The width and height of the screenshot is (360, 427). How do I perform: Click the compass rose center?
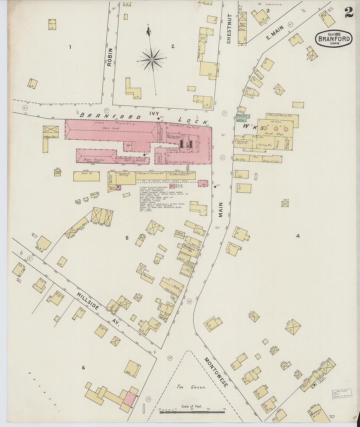tap(152, 60)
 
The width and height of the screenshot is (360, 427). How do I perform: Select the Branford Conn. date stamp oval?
tap(334, 39)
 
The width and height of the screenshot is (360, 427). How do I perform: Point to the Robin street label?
tap(110, 58)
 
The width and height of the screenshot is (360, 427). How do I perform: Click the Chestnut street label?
tap(229, 29)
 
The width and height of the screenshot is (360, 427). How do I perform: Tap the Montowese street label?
tap(216, 372)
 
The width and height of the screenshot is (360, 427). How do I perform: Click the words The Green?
tap(191, 387)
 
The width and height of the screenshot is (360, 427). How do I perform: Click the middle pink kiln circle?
tap(276, 129)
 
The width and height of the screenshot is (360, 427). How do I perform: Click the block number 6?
tap(83, 368)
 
